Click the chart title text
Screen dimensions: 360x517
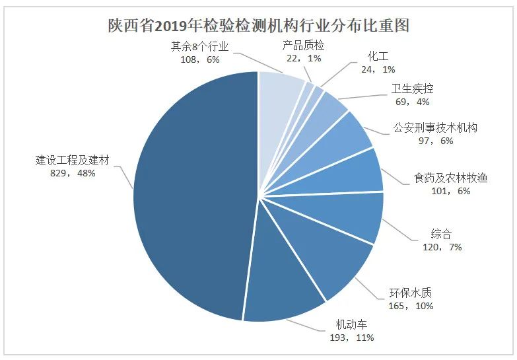click(x=259, y=26)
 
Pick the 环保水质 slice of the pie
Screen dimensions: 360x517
click(x=330, y=258)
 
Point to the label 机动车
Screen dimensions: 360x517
click(x=350, y=325)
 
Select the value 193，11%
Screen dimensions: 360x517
click(x=350, y=338)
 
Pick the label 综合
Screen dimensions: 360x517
click(x=441, y=234)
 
